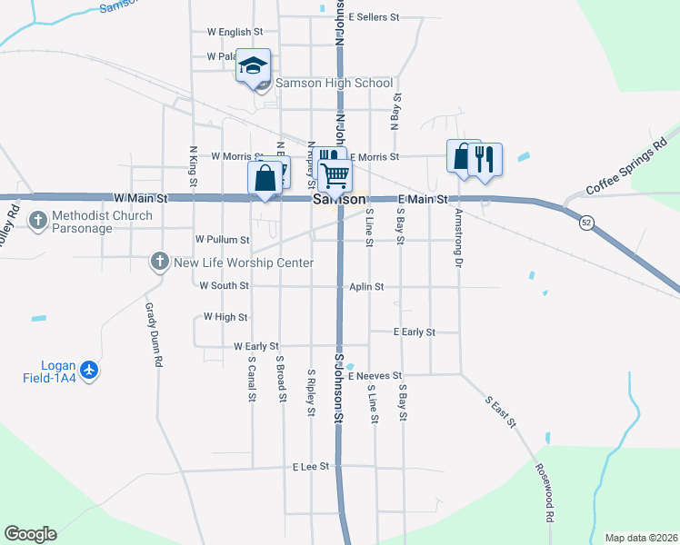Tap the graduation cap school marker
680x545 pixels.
click(x=254, y=65)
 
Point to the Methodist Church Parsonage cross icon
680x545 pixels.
click(x=38, y=219)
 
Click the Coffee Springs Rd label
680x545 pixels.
click(x=626, y=164)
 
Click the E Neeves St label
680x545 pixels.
click(x=374, y=375)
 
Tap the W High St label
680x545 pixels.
click(x=225, y=317)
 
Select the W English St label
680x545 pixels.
click(x=235, y=33)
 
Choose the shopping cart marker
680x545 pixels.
click(x=335, y=174)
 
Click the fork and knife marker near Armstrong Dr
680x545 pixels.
click(x=485, y=160)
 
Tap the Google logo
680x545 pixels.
click(x=30, y=534)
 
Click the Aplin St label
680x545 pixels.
click(x=366, y=287)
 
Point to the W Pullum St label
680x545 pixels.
click(x=223, y=240)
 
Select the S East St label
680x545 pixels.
click(x=500, y=411)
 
